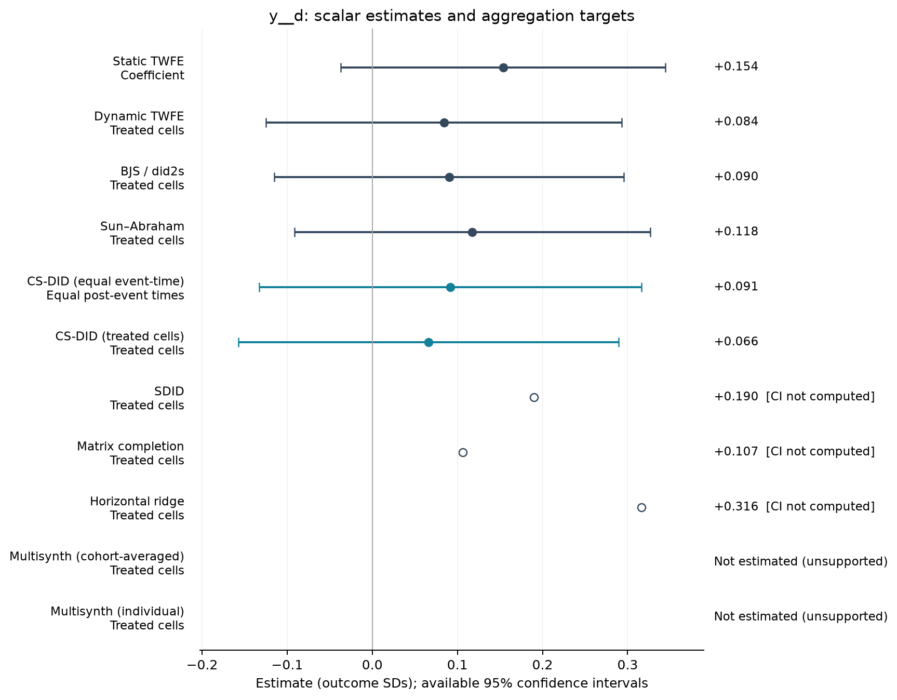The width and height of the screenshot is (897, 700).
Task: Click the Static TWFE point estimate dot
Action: click(503, 68)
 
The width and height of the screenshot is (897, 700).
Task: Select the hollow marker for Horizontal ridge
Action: click(641, 507)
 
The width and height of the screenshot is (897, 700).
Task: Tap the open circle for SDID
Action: click(534, 397)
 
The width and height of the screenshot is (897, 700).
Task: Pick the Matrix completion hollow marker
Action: click(463, 452)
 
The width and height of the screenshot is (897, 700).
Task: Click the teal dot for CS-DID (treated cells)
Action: click(429, 342)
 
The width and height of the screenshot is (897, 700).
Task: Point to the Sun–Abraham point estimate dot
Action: click(472, 232)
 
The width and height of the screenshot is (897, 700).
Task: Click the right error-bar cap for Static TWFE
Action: click(665, 68)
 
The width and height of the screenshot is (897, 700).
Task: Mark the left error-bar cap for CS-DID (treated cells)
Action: click(238, 342)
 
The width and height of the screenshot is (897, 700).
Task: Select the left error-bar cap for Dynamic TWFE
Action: click(266, 123)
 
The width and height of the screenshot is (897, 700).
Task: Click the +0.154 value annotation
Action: click(736, 66)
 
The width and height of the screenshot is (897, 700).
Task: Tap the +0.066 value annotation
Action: click(736, 342)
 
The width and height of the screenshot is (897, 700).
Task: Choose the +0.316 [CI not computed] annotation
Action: click(795, 506)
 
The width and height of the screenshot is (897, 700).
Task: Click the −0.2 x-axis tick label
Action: click(202, 665)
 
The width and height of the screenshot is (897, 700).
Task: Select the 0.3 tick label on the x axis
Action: click(627, 665)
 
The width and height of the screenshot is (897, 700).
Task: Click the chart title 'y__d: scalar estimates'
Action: click(452, 17)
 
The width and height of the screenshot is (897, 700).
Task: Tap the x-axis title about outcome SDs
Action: click(452, 683)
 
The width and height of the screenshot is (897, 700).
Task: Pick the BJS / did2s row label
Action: click(147, 178)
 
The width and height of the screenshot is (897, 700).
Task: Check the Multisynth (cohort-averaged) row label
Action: click(97, 563)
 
